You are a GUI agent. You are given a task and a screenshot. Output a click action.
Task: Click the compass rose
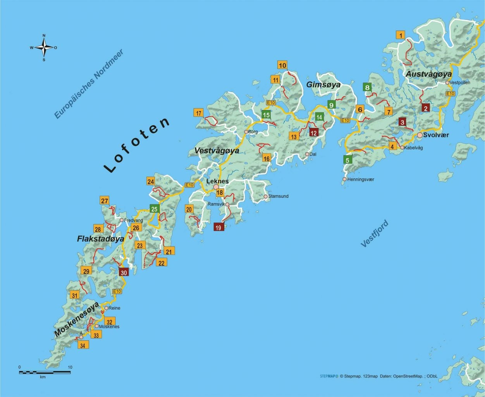[44, 48]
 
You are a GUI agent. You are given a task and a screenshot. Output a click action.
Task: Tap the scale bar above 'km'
[45, 372]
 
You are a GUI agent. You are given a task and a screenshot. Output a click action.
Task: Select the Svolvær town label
[436, 135]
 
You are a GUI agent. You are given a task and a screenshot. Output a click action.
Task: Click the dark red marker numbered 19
[218, 227]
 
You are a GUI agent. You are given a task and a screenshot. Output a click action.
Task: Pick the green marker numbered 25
[154, 209]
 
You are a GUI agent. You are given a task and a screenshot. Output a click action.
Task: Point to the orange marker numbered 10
[282, 65]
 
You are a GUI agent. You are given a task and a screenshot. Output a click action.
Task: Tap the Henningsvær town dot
[344, 179]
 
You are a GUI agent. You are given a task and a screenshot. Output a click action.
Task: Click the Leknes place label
[217, 181]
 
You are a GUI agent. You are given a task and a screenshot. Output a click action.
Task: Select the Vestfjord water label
[374, 233]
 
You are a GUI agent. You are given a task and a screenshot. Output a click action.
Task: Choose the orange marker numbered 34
[83, 345]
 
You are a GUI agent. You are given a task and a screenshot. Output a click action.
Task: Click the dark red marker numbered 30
[124, 273]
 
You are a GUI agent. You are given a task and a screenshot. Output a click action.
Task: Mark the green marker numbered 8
[367, 88]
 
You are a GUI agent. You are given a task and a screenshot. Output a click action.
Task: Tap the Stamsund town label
[278, 196]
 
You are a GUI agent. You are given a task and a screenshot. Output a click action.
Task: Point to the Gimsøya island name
[323, 85]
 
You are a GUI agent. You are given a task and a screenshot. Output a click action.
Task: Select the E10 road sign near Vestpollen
[450, 94]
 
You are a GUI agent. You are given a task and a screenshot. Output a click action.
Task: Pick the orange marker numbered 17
[198, 113]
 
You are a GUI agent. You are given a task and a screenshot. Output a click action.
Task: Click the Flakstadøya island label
[100, 239]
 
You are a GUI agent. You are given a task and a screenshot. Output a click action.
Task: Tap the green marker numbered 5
[347, 160]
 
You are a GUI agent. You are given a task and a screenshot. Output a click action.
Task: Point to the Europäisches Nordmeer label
[89, 84]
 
